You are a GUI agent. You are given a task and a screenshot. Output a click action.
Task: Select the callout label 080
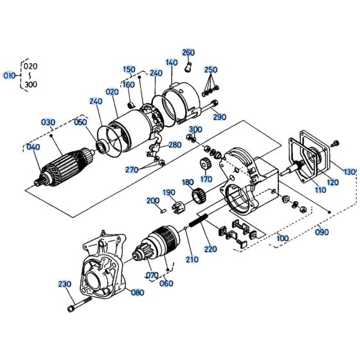[x=137, y=292]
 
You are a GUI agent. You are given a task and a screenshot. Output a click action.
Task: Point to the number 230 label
[x=65, y=284]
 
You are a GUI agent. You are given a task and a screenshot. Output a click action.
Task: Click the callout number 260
[x=188, y=52]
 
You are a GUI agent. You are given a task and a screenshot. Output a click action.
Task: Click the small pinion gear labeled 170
[x=207, y=164]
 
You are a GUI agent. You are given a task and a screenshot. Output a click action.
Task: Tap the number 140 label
[x=171, y=63]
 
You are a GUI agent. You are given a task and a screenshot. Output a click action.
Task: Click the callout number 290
[x=220, y=117]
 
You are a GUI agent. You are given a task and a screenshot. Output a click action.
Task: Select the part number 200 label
[x=152, y=201]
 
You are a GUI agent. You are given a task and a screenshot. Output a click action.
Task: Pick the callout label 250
[x=211, y=69]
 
